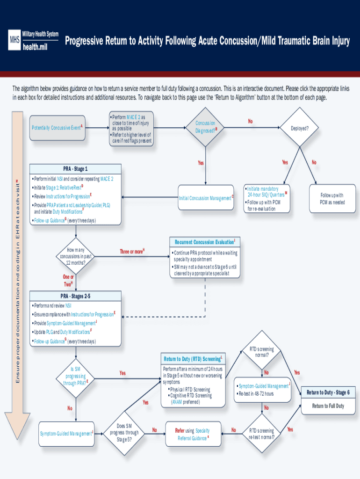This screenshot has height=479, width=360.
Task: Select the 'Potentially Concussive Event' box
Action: click(57, 128)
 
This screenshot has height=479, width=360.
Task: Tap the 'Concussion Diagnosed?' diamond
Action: click(205, 127)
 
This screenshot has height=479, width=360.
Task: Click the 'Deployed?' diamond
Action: click(299, 127)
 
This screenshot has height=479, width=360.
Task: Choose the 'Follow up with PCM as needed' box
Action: click(332, 199)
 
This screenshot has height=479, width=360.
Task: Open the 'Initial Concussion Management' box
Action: click(206, 198)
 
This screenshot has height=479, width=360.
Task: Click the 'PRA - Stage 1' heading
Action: click(75, 169)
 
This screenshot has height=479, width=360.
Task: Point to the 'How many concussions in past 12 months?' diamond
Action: click(75, 256)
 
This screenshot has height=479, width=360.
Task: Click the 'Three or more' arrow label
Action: click(132, 252)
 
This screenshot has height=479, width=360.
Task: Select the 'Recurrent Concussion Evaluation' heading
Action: click(205, 242)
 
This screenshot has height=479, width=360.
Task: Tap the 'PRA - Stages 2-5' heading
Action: click(75, 296)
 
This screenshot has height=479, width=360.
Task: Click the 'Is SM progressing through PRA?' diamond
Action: click(75, 377)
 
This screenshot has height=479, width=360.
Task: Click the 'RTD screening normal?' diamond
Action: click(262, 351)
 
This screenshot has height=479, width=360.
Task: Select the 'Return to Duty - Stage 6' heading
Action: click(328, 392)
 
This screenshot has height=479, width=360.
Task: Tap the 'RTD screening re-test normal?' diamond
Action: click(262, 434)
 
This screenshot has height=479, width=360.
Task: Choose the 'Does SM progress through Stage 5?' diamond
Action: click(124, 433)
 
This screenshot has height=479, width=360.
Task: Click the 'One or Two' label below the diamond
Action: click(68, 280)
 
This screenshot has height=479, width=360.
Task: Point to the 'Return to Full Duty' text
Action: click(328, 406)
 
